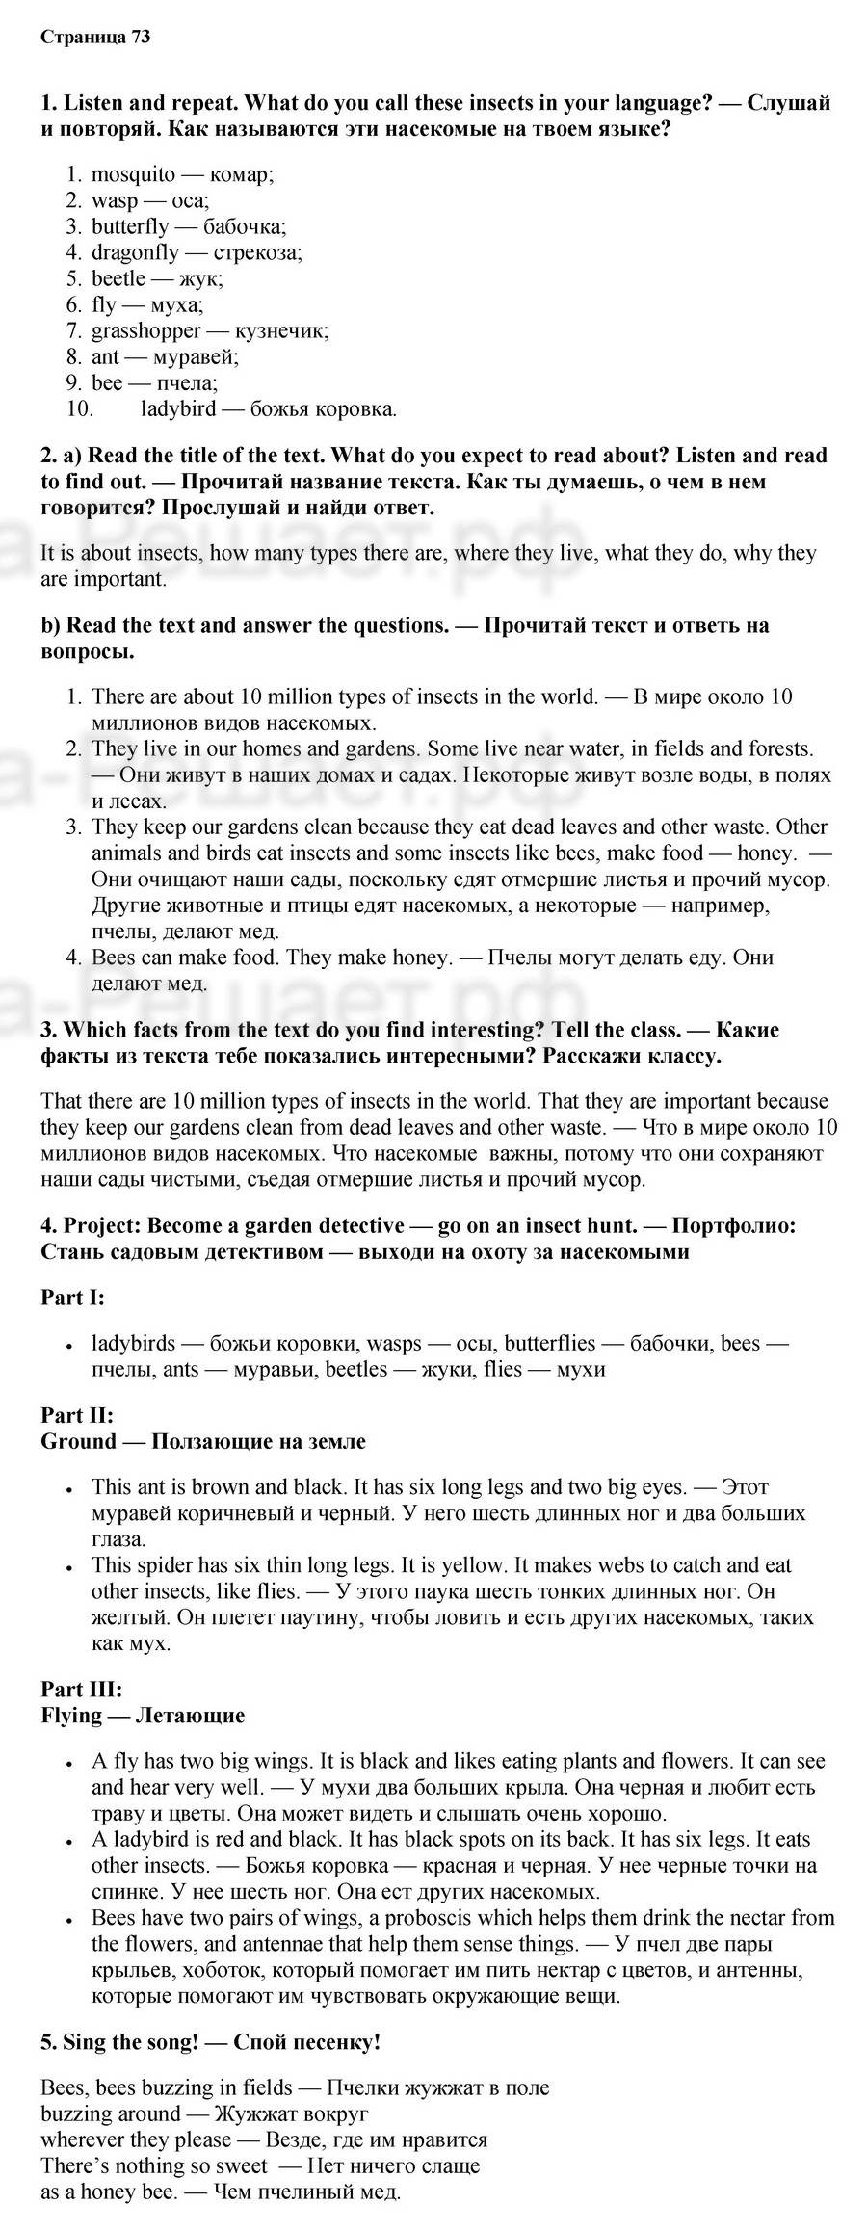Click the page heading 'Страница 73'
(95, 38)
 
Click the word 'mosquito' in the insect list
(133, 174)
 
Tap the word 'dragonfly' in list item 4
(135, 252)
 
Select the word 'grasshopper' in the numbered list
(145, 330)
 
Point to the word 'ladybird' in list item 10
(178, 408)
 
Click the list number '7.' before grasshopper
(74, 330)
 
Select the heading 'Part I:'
(72, 1297)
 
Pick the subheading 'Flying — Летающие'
(143, 1715)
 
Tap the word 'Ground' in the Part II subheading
(78, 1441)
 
